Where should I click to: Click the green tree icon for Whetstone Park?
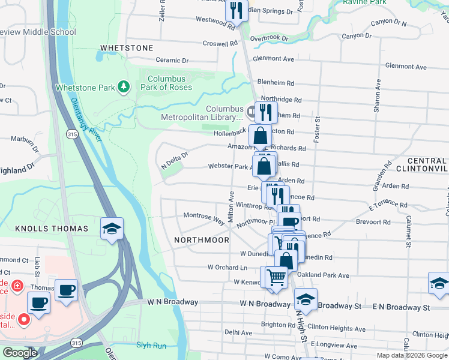point(124,88)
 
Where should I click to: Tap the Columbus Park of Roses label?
point(170,83)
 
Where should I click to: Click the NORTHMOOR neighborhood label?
point(202,239)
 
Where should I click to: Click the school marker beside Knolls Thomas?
point(112,228)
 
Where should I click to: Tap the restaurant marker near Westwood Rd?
point(237,11)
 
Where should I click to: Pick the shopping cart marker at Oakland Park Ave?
point(276,277)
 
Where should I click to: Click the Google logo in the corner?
point(20,353)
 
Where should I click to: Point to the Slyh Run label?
point(151,345)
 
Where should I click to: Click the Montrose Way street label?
point(203,215)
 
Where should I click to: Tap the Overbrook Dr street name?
point(270,38)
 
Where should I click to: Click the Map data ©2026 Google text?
point(412,355)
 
